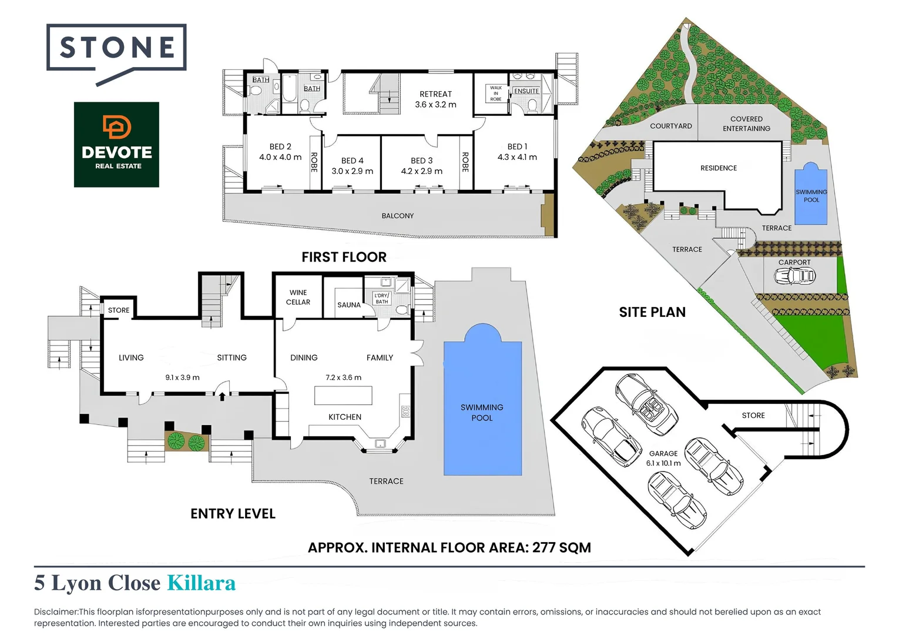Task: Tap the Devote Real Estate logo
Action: click(116, 145)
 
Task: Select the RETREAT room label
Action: click(435, 94)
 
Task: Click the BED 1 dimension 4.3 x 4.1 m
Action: click(517, 158)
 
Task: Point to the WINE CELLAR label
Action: click(298, 298)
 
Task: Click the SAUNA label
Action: click(348, 305)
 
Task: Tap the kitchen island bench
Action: click(343, 396)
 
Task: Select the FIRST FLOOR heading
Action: click(344, 257)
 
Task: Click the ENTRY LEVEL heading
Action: click(233, 514)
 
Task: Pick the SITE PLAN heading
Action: click(652, 312)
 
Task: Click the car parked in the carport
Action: click(794, 276)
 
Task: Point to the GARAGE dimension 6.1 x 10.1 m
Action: click(663, 463)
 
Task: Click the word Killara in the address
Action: click(201, 583)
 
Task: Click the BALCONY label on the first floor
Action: click(398, 216)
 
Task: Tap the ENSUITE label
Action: click(526, 91)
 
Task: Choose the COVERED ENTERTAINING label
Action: click(746, 123)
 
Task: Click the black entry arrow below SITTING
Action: click(222, 396)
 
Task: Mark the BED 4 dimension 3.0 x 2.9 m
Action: click(352, 172)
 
